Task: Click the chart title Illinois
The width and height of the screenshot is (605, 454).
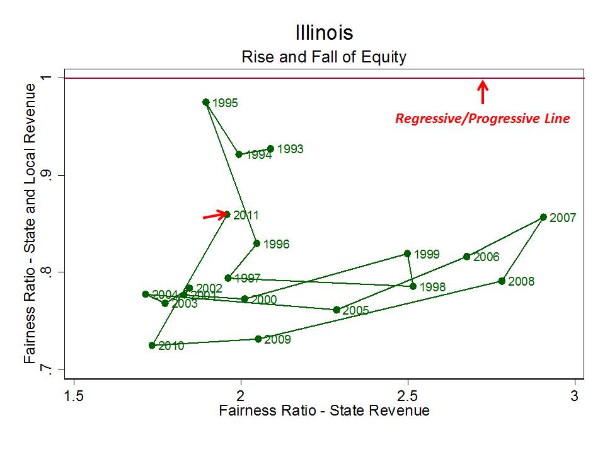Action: pyautogui.click(x=324, y=33)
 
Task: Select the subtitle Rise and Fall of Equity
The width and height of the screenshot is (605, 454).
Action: pyautogui.click(x=324, y=57)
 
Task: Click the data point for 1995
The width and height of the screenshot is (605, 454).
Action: pyautogui.click(x=205, y=102)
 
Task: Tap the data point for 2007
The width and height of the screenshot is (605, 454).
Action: pyautogui.click(x=543, y=217)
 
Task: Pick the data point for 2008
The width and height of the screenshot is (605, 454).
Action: pyautogui.click(x=502, y=281)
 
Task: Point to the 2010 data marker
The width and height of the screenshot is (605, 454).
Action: pyautogui.click(x=152, y=346)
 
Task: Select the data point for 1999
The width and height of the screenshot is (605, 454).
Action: pyautogui.click(x=407, y=253)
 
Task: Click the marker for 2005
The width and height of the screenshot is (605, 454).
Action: pyautogui.click(x=337, y=310)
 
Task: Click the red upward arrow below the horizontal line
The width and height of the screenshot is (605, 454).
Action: pyautogui.click(x=482, y=91)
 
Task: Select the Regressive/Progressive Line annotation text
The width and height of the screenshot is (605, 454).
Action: pyautogui.click(x=482, y=119)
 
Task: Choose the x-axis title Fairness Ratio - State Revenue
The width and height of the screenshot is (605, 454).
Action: pyautogui.click(x=324, y=411)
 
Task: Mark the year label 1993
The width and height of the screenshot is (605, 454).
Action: pyautogui.click(x=290, y=149)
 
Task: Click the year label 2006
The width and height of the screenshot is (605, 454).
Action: pyautogui.click(x=486, y=257)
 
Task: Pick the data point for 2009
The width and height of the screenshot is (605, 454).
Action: pyautogui.click(x=258, y=339)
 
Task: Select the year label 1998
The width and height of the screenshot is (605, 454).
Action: pyautogui.click(x=432, y=288)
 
